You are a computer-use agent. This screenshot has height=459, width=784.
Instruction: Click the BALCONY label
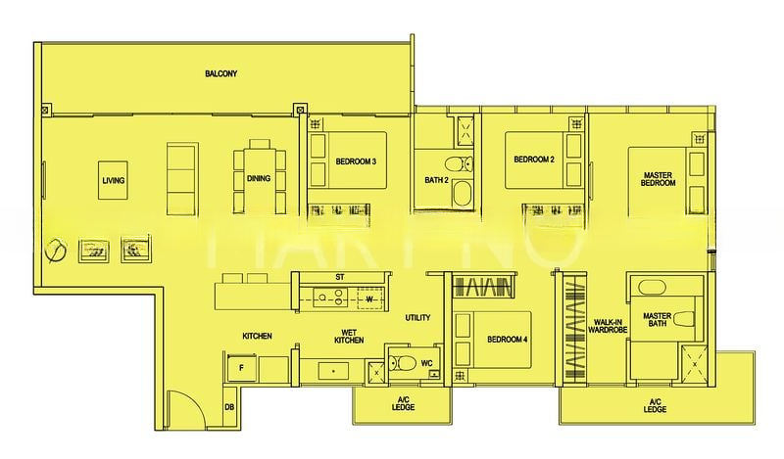click(x=221, y=73)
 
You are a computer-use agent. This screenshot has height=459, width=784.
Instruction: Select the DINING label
click(x=259, y=179)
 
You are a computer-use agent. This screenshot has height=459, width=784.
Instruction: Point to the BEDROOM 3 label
click(x=356, y=161)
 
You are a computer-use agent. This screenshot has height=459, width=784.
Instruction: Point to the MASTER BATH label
click(x=655, y=321)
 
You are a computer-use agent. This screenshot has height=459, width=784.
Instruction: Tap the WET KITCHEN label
click(x=349, y=335)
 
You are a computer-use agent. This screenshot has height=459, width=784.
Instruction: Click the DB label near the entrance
click(x=228, y=407)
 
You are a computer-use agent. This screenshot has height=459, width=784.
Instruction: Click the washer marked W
click(x=369, y=299)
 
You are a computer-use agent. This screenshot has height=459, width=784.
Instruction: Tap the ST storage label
click(x=339, y=277)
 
